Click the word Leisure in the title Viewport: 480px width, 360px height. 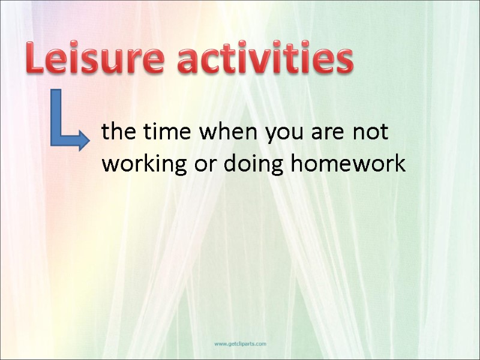pyautogui.click(x=94, y=60)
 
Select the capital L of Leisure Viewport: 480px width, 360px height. pyautogui.click(x=36, y=60)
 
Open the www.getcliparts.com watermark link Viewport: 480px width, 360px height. pyautogui.click(x=241, y=344)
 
